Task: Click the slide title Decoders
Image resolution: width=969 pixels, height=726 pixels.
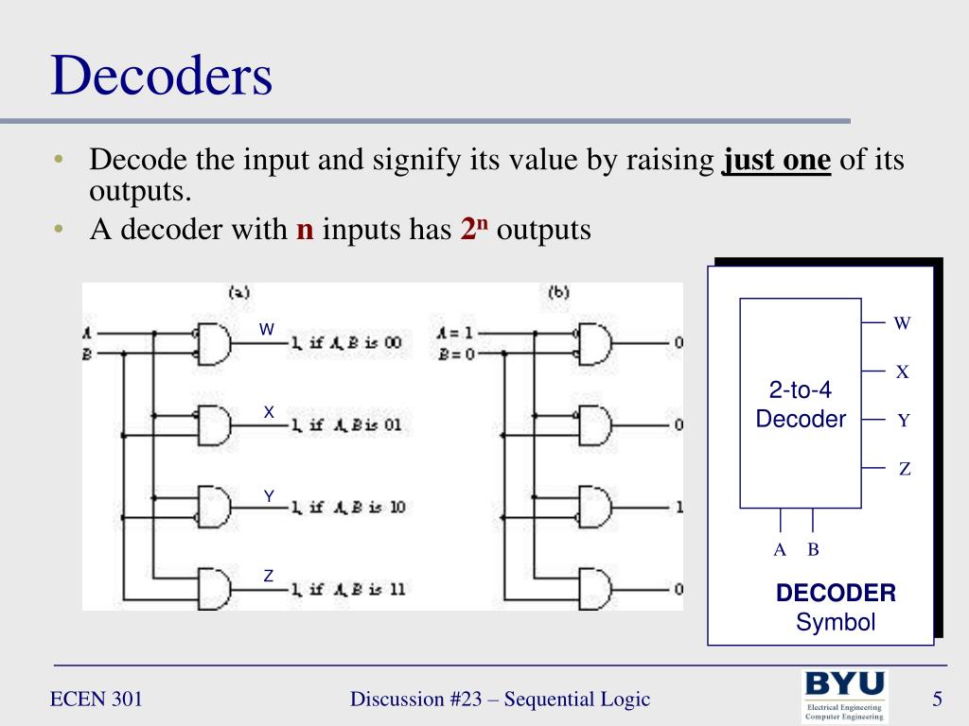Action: tap(162, 78)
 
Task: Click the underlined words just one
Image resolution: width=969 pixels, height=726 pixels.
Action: tap(776, 161)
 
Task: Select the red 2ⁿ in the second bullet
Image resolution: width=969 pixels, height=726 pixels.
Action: tap(473, 230)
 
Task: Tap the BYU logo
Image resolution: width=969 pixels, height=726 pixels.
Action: tap(844, 696)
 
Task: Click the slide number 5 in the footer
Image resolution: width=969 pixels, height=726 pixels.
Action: tap(937, 700)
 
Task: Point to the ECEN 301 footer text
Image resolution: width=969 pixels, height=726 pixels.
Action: tap(97, 700)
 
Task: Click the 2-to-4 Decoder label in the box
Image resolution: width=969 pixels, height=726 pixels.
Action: tap(801, 405)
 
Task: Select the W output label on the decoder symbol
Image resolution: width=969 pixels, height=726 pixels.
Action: tap(902, 323)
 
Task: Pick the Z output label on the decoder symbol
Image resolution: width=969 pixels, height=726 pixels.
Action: tap(904, 469)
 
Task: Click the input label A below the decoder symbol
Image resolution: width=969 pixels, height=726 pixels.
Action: tap(780, 550)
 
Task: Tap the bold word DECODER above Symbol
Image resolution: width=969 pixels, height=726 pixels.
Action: tap(836, 594)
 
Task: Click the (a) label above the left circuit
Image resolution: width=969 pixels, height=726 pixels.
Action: tap(239, 292)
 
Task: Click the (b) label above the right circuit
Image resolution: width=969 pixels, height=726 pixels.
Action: tap(558, 292)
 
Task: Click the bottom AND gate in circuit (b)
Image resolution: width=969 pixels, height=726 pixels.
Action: tap(596, 590)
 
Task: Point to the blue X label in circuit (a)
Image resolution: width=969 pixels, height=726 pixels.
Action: tap(269, 412)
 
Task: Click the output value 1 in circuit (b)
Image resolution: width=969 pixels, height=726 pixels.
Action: tap(678, 508)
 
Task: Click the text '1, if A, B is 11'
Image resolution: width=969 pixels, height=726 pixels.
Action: tap(348, 589)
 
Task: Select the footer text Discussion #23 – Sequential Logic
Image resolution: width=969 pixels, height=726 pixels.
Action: tap(500, 700)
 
